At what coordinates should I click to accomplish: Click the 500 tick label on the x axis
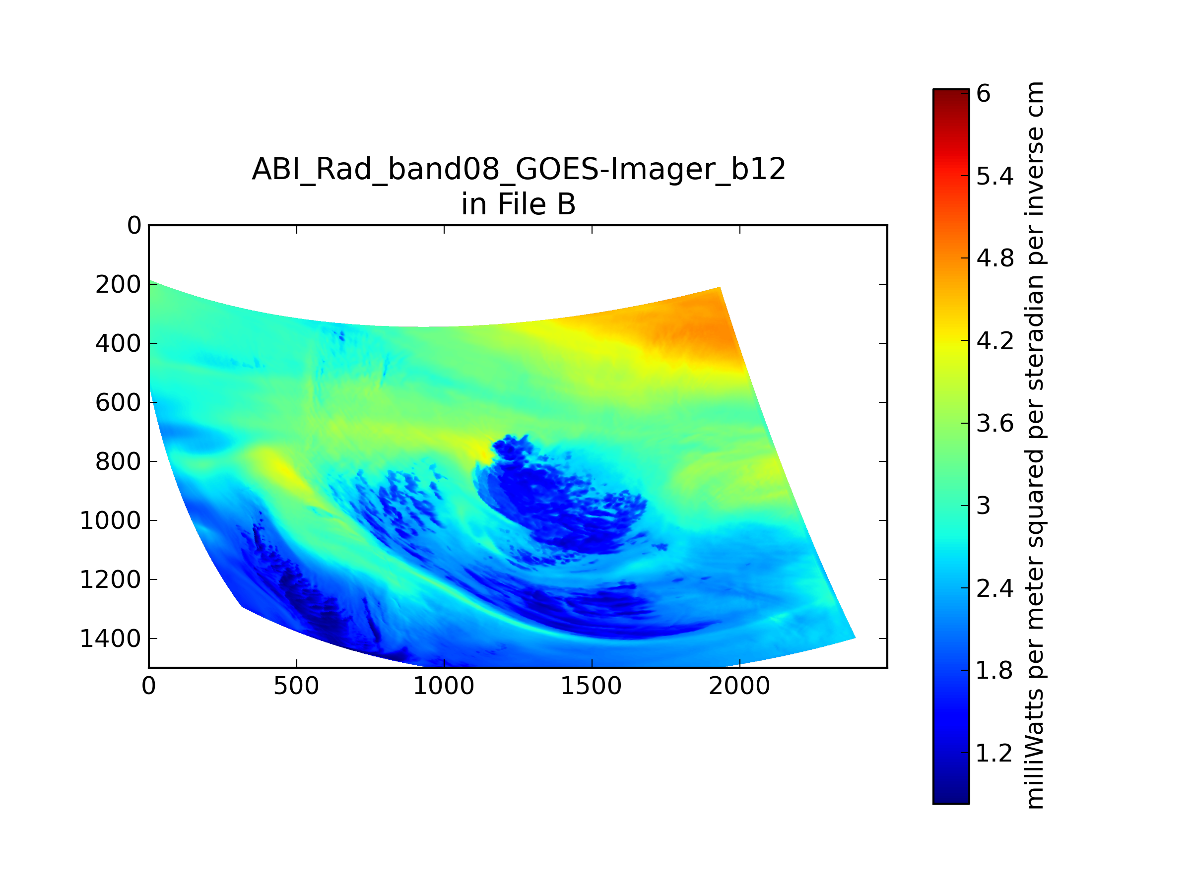tap(296, 686)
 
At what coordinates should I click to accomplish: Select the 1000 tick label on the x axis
tap(444, 686)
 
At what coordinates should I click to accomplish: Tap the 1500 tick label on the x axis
tap(591, 686)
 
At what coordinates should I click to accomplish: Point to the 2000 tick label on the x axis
tap(739, 686)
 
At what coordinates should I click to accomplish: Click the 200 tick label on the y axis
tap(119, 285)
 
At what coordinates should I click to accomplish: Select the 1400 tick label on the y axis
tap(110, 639)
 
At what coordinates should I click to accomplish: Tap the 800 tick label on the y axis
tap(119, 462)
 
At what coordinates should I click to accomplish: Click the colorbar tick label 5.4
tap(995, 176)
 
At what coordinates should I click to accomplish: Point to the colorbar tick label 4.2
tap(995, 341)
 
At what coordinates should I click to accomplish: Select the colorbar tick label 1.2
tap(995, 753)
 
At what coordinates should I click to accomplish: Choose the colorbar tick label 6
tap(984, 94)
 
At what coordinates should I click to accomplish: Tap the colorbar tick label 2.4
tap(995, 588)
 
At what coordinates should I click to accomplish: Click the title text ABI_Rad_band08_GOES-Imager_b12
tap(519, 170)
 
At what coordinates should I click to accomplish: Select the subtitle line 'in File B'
tap(519, 204)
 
